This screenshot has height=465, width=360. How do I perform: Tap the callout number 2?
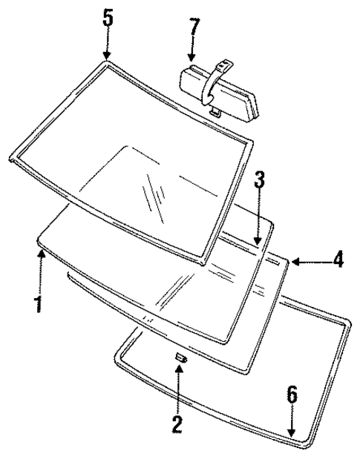[177, 424]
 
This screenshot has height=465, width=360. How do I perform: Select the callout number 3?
[258, 180]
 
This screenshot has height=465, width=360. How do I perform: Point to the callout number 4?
[338, 260]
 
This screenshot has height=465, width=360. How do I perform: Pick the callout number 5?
[108, 16]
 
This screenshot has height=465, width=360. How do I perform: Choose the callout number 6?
[292, 395]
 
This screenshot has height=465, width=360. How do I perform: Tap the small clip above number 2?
[179, 359]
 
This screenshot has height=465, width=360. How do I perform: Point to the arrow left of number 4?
[308, 260]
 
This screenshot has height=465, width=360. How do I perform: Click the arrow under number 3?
[258, 222]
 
